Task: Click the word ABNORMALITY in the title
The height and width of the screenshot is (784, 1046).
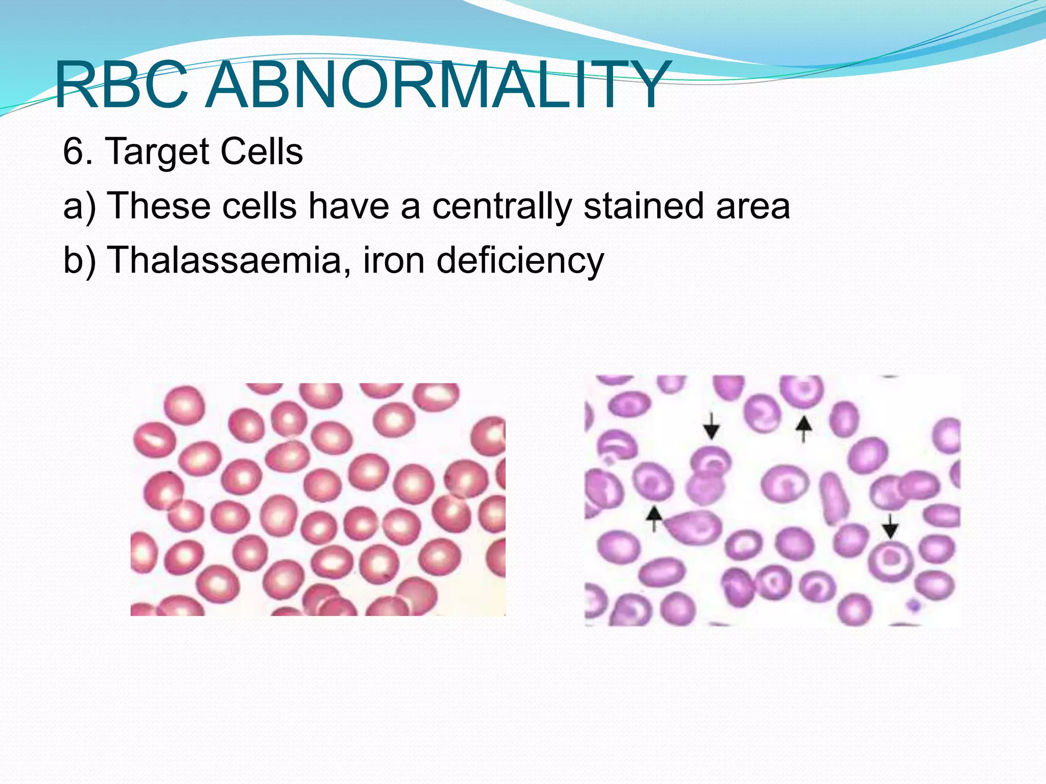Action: pyautogui.click(x=437, y=86)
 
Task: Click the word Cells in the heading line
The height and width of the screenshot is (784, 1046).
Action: pyautogui.click(x=261, y=152)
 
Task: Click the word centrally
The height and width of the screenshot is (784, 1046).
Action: pyautogui.click(x=502, y=206)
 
